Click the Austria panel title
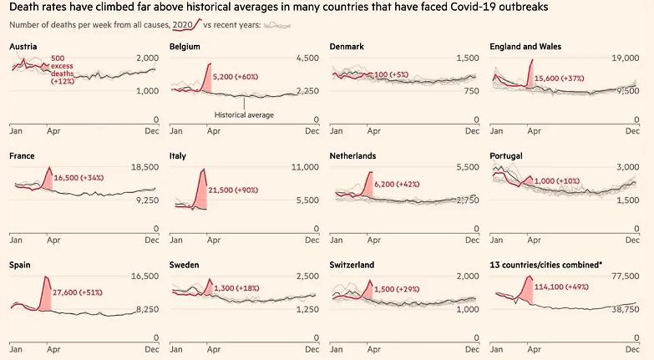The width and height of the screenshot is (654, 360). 23,46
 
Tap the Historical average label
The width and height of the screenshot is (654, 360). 244,115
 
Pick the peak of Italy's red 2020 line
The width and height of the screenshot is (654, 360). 204,170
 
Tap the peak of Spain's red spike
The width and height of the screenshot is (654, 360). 46,276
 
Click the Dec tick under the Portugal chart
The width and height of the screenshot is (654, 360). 635,239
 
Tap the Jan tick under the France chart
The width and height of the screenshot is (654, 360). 16,239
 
